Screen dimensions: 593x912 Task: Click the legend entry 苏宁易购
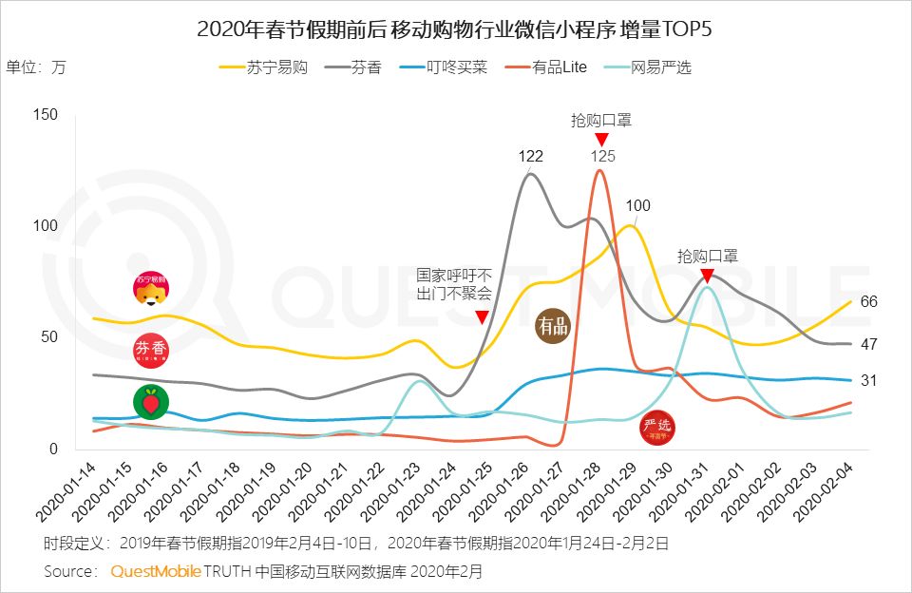263,67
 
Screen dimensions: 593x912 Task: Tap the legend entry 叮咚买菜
443,67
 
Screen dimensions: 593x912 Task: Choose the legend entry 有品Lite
545,67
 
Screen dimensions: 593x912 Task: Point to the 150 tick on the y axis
46,115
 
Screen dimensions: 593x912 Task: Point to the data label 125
601,157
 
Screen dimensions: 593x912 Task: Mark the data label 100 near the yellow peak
638,205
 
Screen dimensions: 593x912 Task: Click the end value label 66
868,302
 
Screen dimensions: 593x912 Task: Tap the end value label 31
868,380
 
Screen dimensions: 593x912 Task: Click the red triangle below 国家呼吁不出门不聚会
483,316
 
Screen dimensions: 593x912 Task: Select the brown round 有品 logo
554,327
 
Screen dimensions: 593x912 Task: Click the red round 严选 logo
657,427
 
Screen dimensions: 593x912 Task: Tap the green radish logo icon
150,403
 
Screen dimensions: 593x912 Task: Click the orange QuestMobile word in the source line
156,571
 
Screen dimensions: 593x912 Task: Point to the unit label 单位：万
37,67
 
